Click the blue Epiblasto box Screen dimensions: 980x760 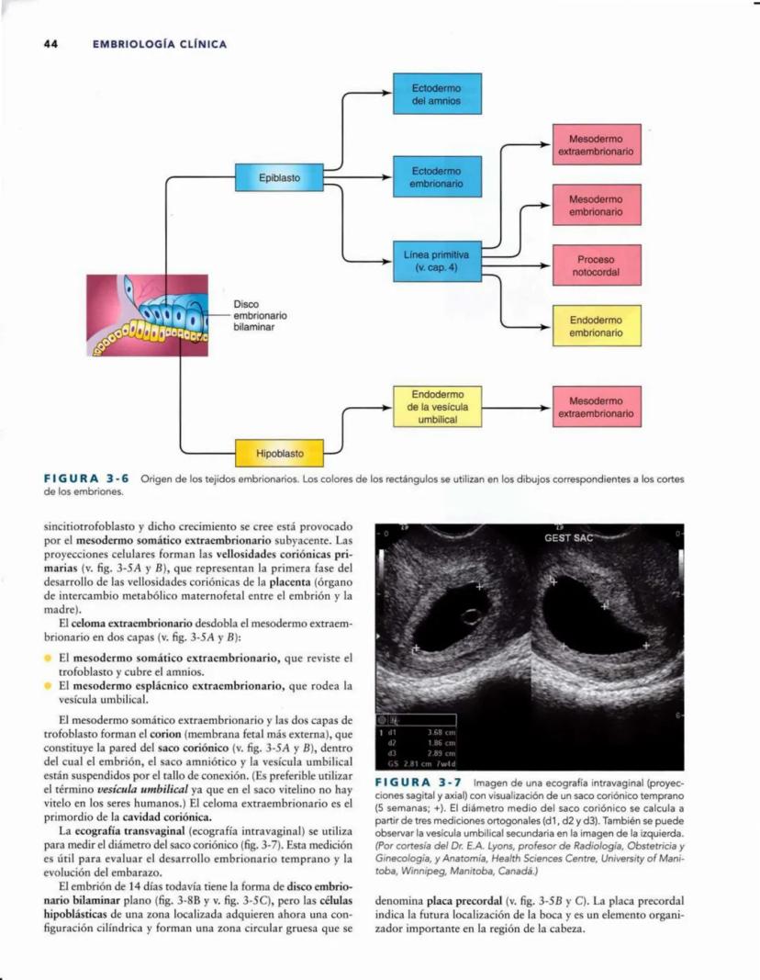[279, 177]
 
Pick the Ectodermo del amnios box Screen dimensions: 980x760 [437, 93]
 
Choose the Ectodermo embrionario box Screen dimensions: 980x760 [437, 178]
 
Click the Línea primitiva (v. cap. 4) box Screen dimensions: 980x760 [437, 261]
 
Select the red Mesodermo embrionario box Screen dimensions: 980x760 [596, 205]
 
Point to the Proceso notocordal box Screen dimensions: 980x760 [596, 265]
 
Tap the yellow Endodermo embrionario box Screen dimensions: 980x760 [596, 326]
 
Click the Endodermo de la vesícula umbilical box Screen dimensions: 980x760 [437, 406]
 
